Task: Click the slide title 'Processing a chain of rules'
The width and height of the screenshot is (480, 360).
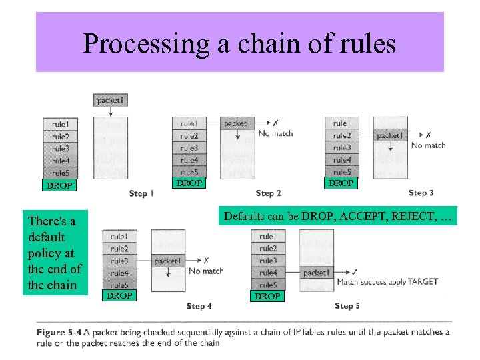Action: [239, 44]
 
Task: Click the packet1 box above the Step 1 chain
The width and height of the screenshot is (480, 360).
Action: [111, 100]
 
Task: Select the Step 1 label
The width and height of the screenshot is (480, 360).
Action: [142, 193]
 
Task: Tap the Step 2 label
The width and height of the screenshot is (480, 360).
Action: [268, 193]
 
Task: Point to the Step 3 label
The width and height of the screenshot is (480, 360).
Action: [421, 193]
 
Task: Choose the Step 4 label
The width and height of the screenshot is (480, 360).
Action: [199, 306]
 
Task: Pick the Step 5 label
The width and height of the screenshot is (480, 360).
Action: [347, 306]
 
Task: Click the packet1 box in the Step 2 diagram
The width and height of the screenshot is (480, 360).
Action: [238, 123]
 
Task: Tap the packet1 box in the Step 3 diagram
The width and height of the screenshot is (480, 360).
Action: [389, 135]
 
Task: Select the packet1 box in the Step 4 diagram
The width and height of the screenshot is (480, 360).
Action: [167, 261]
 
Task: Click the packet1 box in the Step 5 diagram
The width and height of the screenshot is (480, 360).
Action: [315, 273]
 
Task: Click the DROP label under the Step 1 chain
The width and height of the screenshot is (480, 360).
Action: [59, 185]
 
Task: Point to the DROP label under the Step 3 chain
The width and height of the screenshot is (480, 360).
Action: [341, 183]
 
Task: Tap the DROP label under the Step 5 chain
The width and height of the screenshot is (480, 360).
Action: [267, 296]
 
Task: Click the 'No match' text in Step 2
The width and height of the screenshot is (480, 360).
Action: [275, 133]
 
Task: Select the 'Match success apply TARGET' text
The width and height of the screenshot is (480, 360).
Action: [387, 282]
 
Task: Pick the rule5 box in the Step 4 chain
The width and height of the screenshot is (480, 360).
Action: [119, 285]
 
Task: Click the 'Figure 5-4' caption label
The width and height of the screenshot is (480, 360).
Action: [59, 332]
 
